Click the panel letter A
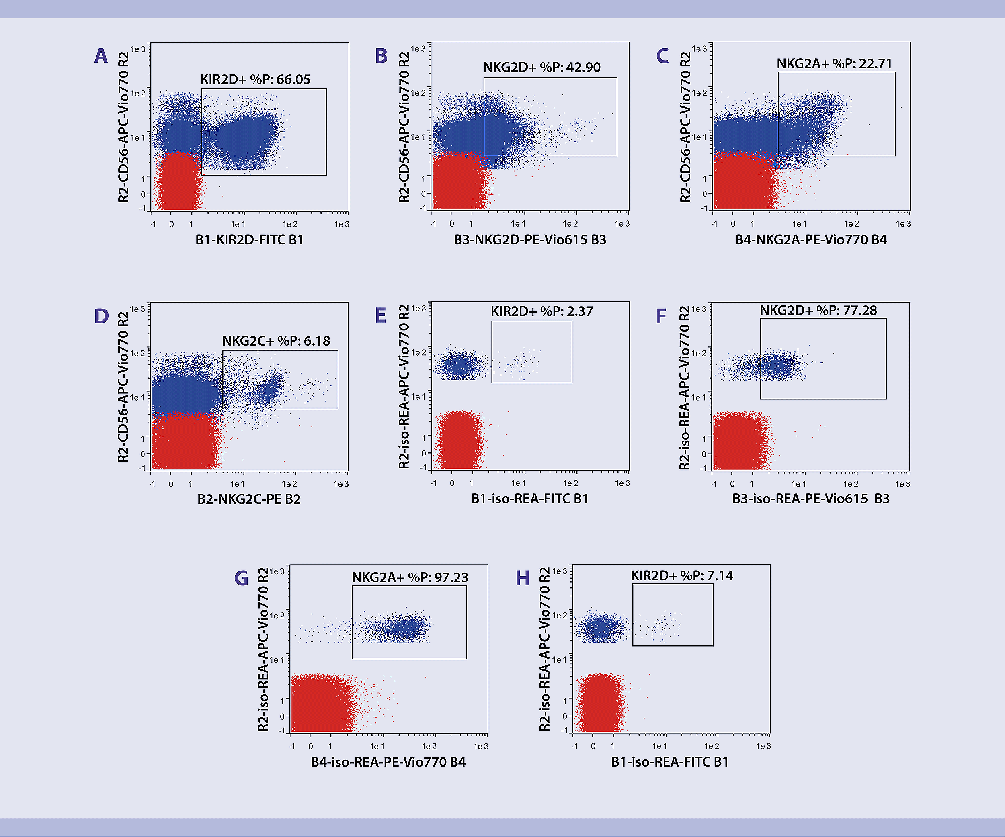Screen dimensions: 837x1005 pyautogui.click(x=101, y=56)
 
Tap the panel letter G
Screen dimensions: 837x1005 pyautogui.click(x=241, y=578)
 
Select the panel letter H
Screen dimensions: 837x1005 pyautogui.click(x=523, y=578)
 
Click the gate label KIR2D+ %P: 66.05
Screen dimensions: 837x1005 pyautogui.click(x=255, y=80)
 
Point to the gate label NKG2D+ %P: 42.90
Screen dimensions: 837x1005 pyautogui.click(x=542, y=68)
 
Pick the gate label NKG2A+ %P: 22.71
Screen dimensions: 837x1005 pyautogui.click(x=834, y=63)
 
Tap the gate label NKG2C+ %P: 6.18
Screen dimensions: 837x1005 pyautogui.click(x=276, y=341)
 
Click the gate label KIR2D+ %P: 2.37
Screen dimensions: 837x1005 pyautogui.click(x=542, y=311)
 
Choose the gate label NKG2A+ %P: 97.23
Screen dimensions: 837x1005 pyautogui.click(x=410, y=577)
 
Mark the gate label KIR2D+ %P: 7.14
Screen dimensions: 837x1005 pyautogui.click(x=682, y=575)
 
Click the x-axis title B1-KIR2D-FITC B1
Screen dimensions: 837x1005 pyautogui.click(x=249, y=239)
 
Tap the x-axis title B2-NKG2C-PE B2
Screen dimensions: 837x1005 pyautogui.click(x=249, y=499)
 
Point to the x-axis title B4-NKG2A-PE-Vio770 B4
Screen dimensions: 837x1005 pyautogui.click(x=811, y=239)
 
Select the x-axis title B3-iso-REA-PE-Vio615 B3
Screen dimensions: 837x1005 pyautogui.click(x=811, y=499)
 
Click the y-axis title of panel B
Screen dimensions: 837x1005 pyautogui.click(x=404, y=127)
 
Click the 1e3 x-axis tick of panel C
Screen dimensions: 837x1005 pyautogui.click(x=903, y=224)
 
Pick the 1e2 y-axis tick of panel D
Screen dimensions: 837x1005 pyautogui.click(x=137, y=354)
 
